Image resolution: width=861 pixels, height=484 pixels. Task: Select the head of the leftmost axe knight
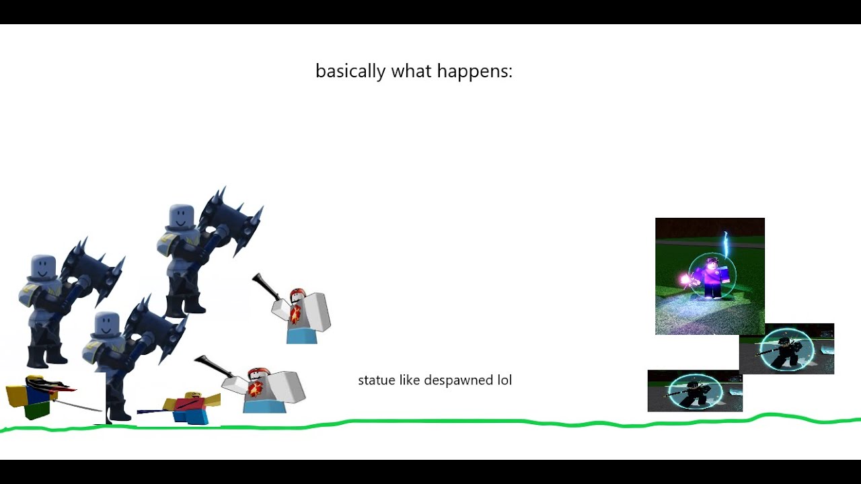pyautogui.click(x=42, y=268)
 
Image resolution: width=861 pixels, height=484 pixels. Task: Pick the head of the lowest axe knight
pyautogui.click(x=107, y=325)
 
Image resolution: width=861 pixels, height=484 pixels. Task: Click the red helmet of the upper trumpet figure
pyautogui.click(x=297, y=295)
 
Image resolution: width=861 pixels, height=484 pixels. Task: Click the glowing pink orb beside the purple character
pyautogui.click(x=686, y=279)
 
